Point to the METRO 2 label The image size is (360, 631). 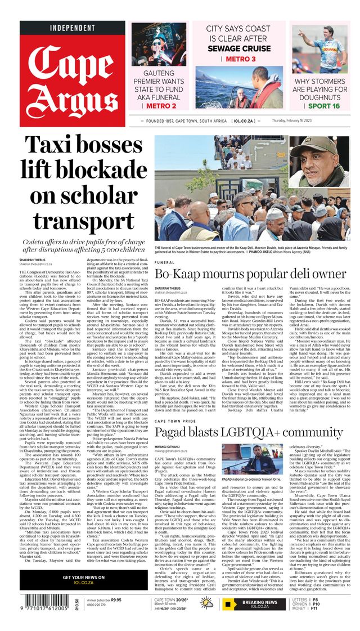point(158,105)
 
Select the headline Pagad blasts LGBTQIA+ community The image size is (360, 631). point(250,433)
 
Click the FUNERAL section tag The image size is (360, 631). point(164,262)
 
